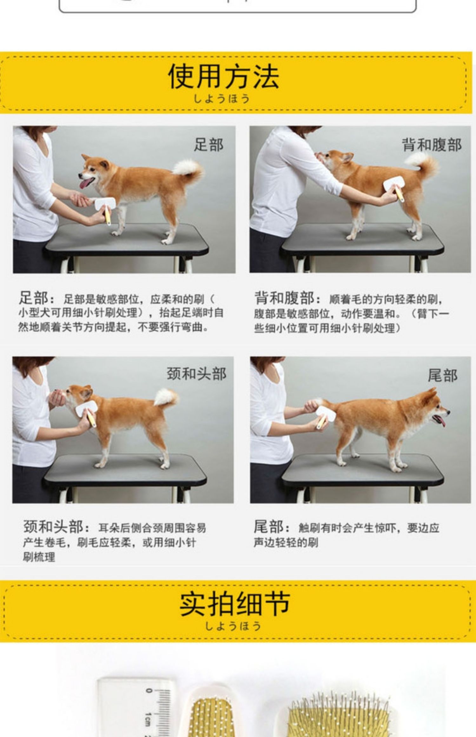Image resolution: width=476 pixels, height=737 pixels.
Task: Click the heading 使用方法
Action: coord(223,76)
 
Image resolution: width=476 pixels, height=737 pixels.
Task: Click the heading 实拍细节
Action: coord(235,603)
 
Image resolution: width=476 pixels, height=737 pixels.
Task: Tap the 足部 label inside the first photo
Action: coord(208,145)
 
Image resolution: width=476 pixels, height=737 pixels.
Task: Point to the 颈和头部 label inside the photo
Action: coord(196,374)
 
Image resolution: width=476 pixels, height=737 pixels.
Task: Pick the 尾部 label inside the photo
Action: coord(442,376)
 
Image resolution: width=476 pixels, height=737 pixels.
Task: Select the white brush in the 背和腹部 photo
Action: coord(393,189)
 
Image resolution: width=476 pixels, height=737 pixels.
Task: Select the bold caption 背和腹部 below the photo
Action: coord(284,298)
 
